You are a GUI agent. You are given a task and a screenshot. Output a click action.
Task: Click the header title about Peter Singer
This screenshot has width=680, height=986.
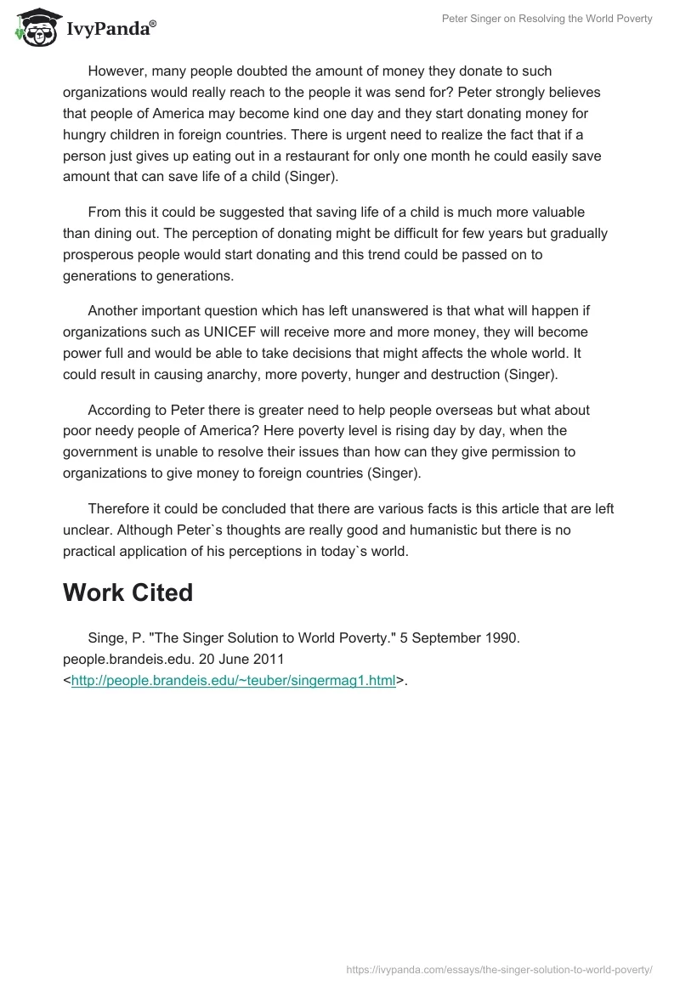pyautogui.click(x=547, y=19)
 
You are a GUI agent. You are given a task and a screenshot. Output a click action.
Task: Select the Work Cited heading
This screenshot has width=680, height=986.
pyautogui.click(x=127, y=592)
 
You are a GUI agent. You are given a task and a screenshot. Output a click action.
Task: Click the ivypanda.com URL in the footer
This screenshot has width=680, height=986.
pyautogui.click(x=499, y=968)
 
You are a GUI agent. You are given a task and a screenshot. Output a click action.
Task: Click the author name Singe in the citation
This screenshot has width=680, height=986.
pyautogui.click(x=106, y=638)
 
